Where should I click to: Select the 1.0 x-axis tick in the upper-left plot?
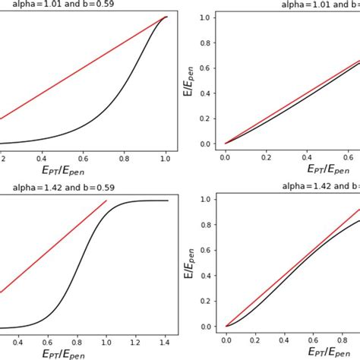164,158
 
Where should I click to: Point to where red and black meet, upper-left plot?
165,17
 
